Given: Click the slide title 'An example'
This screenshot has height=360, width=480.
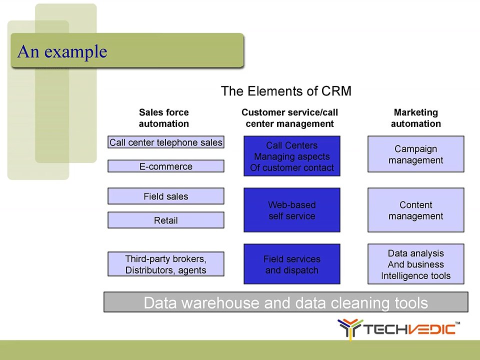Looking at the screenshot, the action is (x=62, y=51).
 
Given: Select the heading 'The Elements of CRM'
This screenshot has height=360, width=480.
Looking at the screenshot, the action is (x=286, y=91).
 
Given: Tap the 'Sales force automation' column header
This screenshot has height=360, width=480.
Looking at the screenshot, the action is (x=164, y=118).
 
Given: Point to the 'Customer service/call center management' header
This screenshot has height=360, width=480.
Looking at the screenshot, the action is (x=289, y=118).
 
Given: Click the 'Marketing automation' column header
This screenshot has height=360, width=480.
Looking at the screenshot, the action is (x=415, y=118).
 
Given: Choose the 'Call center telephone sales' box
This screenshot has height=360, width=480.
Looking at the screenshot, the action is (x=166, y=142).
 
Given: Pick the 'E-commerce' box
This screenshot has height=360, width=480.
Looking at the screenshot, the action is (x=166, y=166).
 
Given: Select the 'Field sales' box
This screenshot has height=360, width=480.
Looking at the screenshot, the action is (x=166, y=196).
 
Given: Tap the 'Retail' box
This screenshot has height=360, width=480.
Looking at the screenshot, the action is (x=166, y=220).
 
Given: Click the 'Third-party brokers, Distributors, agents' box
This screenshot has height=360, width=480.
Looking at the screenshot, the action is (x=166, y=264).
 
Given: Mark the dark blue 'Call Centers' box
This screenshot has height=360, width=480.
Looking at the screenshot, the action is (x=291, y=156).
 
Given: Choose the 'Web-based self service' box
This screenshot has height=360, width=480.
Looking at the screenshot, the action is (x=291, y=210).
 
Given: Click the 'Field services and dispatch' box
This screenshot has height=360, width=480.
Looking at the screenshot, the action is (x=291, y=264).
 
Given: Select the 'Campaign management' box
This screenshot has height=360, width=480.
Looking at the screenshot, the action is (x=415, y=154).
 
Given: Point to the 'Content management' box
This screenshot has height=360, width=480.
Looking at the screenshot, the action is (x=415, y=210).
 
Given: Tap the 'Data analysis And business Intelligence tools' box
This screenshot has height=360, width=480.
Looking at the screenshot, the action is (x=415, y=264).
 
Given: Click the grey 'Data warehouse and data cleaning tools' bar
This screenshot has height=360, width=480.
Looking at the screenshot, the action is (x=286, y=302).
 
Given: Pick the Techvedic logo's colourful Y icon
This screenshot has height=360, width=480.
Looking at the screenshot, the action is (x=349, y=329).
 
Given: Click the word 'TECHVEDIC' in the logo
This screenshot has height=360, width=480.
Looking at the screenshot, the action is (x=409, y=329).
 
